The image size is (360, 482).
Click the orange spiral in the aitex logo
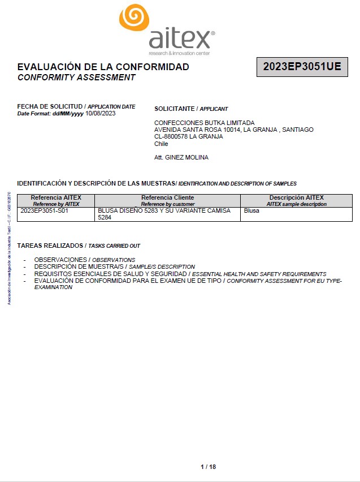point(135,18)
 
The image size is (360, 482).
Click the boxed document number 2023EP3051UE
point(302,67)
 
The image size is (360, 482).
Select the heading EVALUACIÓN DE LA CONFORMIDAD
point(103,67)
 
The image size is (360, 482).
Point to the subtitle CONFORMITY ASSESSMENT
point(76,78)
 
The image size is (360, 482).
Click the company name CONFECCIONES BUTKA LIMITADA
point(204,123)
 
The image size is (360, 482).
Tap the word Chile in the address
point(161,144)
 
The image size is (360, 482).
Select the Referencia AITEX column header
point(56,197)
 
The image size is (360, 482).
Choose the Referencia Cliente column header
point(167,197)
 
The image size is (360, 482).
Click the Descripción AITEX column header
point(296,197)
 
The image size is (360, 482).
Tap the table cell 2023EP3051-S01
point(44,210)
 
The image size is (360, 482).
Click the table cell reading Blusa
point(251,210)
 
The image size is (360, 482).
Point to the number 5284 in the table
point(105,217)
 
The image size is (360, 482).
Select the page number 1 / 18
point(208,467)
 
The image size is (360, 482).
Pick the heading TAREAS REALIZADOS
point(50,246)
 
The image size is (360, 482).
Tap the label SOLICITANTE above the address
point(175,109)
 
